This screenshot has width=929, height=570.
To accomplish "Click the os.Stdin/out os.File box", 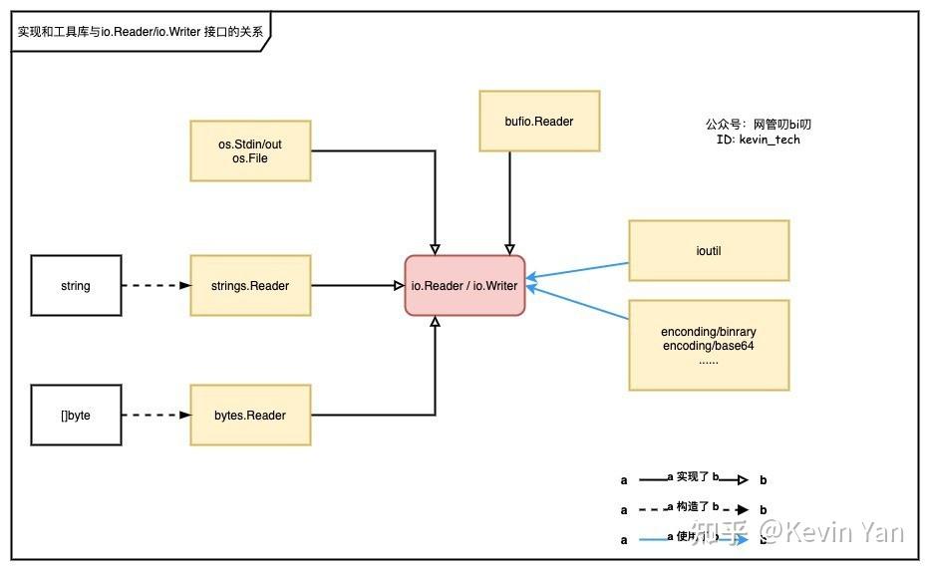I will click(x=250, y=151).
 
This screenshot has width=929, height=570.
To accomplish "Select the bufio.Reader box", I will click(x=539, y=122).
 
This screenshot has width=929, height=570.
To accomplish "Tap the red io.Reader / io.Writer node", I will click(x=464, y=286).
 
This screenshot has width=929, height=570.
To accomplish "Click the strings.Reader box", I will click(x=250, y=286).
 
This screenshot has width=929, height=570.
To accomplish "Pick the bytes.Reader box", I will click(x=250, y=415).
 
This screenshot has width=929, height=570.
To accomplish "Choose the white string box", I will click(x=76, y=286).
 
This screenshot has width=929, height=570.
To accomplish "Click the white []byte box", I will click(x=76, y=415).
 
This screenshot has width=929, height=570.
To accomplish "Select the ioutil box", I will click(x=709, y=251).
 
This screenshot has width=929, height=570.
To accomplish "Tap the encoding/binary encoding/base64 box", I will click(x=709, y=345).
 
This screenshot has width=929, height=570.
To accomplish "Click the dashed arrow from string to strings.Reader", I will click(x=155, y=286).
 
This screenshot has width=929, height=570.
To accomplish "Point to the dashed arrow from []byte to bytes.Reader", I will click(x=155, y=415).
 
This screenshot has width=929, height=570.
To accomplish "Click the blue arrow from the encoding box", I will click(x=578, y=303).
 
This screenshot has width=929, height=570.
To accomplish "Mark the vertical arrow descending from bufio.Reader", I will click(x=509, y=199).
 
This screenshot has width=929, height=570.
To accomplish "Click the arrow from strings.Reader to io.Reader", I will click(x=357, y=286).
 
